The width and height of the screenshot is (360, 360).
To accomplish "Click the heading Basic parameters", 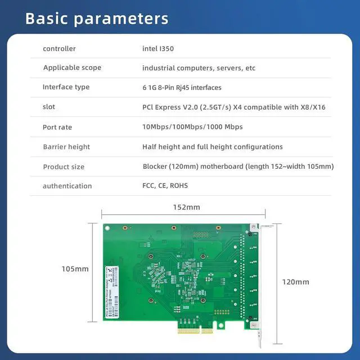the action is point(97,18).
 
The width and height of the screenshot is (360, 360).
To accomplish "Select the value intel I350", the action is point(158,49).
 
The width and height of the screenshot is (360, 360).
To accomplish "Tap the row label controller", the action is point(59,49).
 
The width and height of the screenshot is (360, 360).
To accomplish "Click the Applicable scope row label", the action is point(72,68).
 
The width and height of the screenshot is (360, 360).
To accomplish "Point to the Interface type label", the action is point(66,87).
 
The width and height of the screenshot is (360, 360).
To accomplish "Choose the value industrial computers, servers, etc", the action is point(199,68).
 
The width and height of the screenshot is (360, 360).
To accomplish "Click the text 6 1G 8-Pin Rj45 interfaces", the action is point(182,88).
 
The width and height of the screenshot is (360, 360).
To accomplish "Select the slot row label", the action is point(49,107).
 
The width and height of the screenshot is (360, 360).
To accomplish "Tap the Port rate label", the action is point(57,127).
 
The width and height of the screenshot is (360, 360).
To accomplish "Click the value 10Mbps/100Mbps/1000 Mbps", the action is point(192,127).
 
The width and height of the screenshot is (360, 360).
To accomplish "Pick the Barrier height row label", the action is point(66,147).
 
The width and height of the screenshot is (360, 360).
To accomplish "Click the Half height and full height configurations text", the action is point(212,147).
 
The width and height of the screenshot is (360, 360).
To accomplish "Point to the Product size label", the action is point(64,166).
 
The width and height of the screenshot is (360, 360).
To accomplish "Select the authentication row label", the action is point(67,186).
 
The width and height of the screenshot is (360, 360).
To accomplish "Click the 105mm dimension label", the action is point(75,269).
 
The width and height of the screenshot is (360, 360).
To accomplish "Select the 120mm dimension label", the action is point(295,282).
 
